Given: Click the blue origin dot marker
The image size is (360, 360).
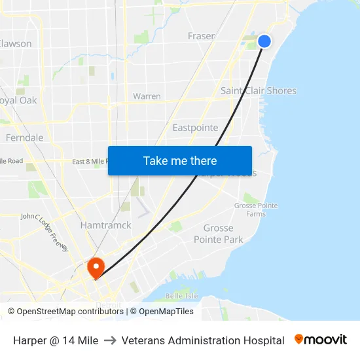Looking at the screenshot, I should pos(264,41).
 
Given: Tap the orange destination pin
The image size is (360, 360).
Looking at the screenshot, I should pos(96,267).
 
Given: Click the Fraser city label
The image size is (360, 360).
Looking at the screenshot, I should pos(201,36).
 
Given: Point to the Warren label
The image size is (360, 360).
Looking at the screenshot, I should pos(147,96).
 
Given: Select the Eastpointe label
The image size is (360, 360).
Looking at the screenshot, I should pos(195,128).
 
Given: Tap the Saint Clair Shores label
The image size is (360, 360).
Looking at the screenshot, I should pos(259,91).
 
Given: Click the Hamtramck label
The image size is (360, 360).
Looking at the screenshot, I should pos(105,225).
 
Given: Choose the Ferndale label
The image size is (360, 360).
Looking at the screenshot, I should pos(24,138).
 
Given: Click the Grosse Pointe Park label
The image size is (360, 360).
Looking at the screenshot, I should pos(219,234).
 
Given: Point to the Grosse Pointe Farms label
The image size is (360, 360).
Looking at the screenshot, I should pos(256,209).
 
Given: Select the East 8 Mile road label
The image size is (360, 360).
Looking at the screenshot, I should pos(89,162).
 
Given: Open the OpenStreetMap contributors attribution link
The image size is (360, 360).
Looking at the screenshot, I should pos(69,312).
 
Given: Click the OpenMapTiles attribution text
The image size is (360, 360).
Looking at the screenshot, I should pos(166,312).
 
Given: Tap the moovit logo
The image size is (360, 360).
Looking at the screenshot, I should pos(321,340).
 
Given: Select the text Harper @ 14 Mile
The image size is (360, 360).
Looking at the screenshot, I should pos(56,340).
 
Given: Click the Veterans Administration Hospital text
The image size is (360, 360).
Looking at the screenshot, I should pos(203,340).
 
